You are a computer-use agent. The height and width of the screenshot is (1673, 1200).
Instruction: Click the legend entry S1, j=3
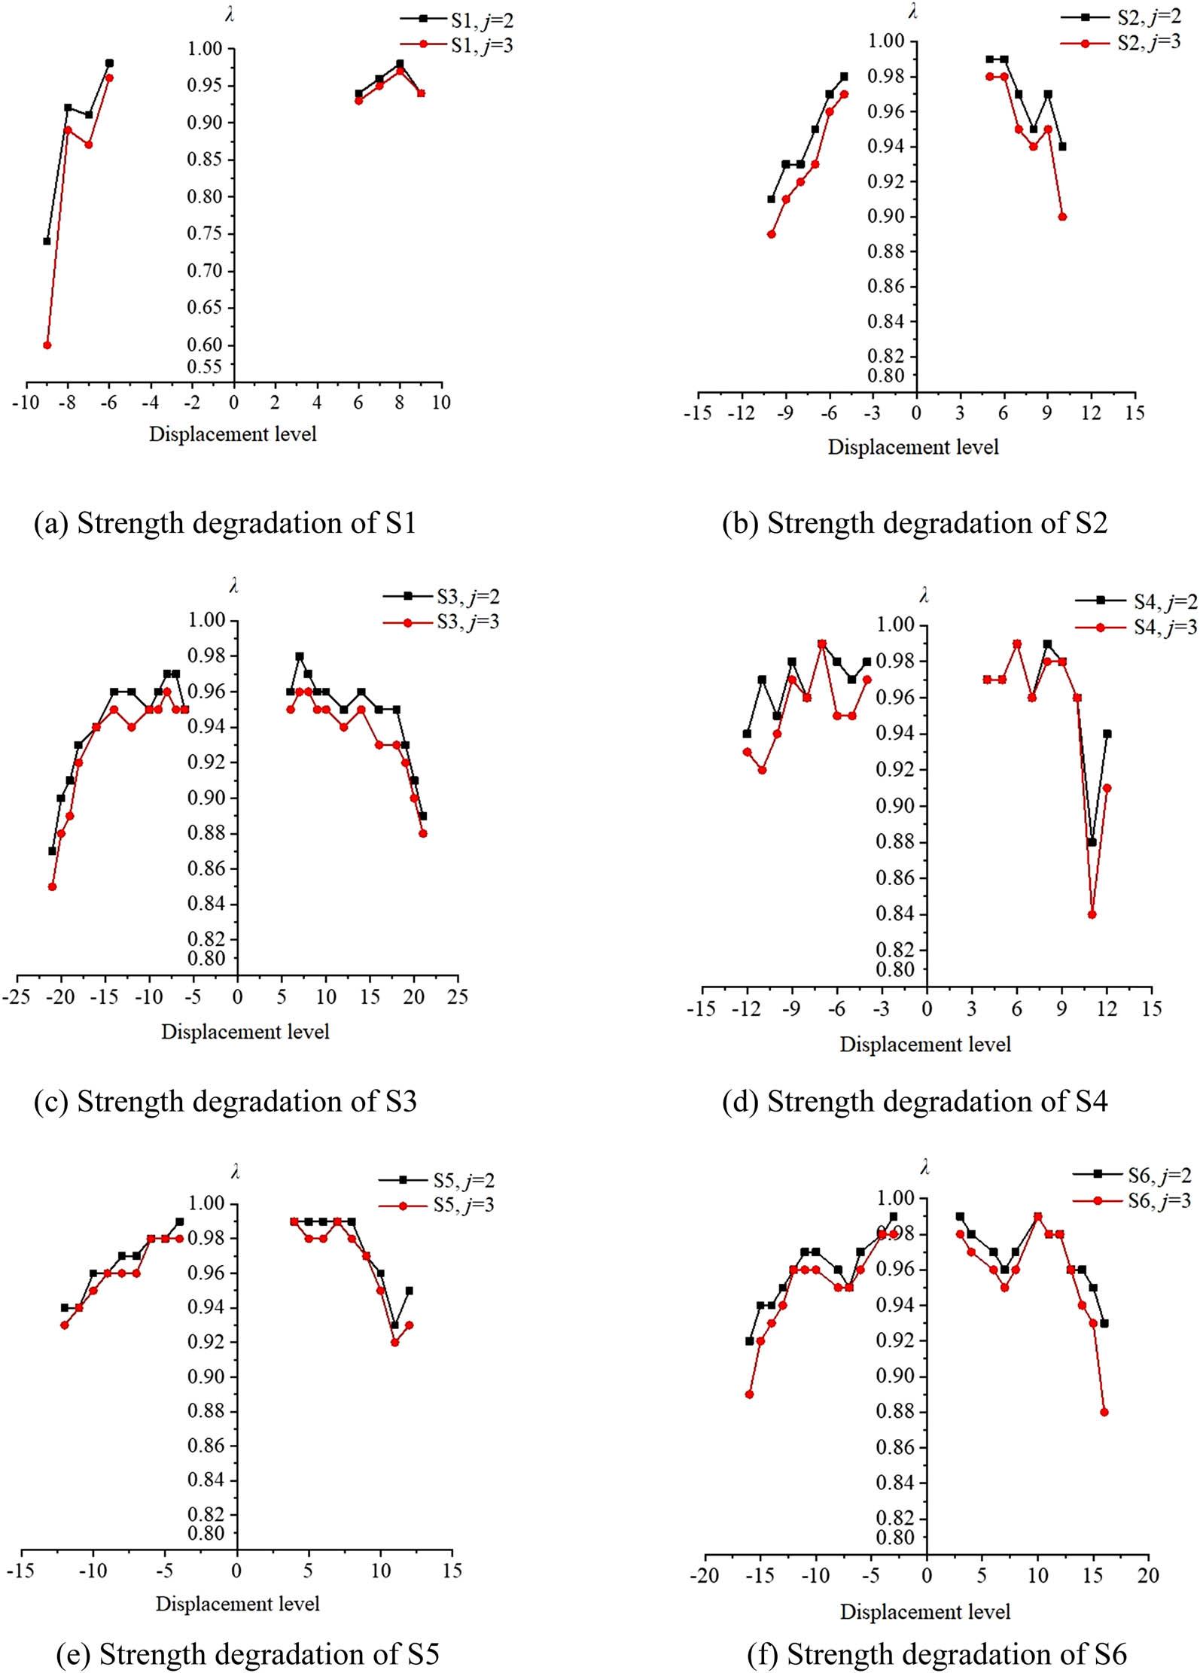point(482,45)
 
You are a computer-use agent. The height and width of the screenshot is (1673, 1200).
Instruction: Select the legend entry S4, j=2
point(1165,601)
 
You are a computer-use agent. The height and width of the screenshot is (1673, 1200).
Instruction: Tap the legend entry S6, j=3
point(1159,1200)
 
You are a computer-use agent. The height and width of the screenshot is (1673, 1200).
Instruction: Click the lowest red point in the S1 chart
point(47,345)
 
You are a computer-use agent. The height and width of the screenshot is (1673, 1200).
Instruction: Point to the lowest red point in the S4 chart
point(1092,914)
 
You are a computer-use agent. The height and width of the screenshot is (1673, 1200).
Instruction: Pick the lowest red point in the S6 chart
point(1104,1413)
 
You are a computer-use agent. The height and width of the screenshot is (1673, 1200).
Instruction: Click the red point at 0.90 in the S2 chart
point(1062,217)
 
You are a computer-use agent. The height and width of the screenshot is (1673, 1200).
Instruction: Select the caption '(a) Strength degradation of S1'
point(225,523)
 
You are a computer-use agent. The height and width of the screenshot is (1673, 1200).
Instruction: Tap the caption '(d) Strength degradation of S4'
point(915,1102)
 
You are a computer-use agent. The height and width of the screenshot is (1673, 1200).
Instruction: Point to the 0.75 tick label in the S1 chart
point(205,233)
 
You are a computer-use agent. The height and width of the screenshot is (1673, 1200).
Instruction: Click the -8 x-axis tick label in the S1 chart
point(66,403)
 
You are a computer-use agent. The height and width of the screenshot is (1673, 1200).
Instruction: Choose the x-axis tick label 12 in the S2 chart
point(1091,412)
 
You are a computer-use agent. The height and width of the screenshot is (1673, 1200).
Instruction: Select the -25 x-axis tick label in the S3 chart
point(17,997)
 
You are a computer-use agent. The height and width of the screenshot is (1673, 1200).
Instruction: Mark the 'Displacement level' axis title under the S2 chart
point(913,447)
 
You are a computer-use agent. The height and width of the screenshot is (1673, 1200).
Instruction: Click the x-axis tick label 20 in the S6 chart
point(1148,1575)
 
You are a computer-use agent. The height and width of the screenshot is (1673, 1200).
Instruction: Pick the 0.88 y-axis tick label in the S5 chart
point(206,1410)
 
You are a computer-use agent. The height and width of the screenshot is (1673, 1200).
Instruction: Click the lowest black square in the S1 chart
point(47,242)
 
